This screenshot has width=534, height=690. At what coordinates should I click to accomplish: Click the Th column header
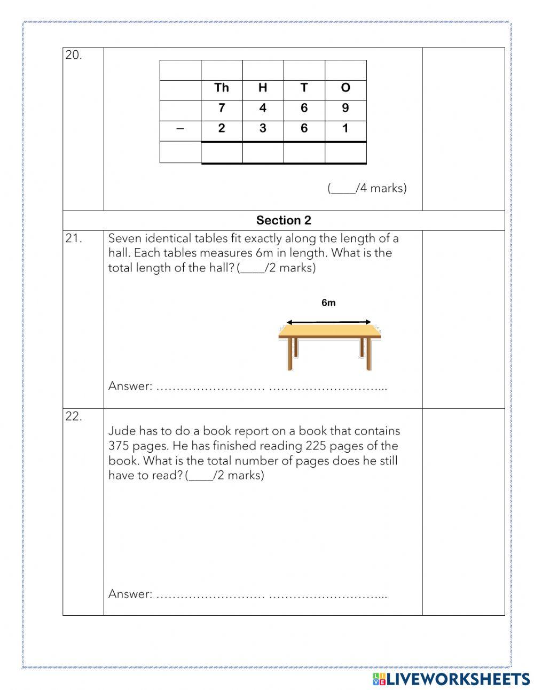point(221,88)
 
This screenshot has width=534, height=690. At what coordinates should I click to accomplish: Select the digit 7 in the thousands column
point(222,108)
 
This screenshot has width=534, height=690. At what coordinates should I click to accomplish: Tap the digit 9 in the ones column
point(345,108)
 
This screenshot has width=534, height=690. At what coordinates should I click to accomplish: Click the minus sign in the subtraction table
point(180,128)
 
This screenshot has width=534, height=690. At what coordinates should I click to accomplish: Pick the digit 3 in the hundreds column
point(263,128)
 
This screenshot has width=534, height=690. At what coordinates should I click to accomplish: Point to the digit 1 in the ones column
point(345,128)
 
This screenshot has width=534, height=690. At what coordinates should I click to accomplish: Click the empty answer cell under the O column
point(345,152)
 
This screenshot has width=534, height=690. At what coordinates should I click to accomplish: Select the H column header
point(263,88)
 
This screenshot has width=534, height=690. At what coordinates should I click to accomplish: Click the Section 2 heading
point(284,220)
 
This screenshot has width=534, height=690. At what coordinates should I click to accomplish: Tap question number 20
point(74,55)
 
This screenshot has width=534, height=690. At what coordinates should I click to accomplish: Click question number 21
point(74,239)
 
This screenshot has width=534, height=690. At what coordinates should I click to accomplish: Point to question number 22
point(74,417)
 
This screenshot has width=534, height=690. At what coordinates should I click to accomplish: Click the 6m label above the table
point(328,303)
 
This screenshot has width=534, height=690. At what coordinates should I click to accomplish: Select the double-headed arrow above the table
point(328,322)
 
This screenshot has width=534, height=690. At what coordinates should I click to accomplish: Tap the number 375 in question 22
point(119,446)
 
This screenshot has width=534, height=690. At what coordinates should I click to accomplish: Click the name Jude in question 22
point(122,431)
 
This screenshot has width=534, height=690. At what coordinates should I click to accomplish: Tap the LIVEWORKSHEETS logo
point(451,679)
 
